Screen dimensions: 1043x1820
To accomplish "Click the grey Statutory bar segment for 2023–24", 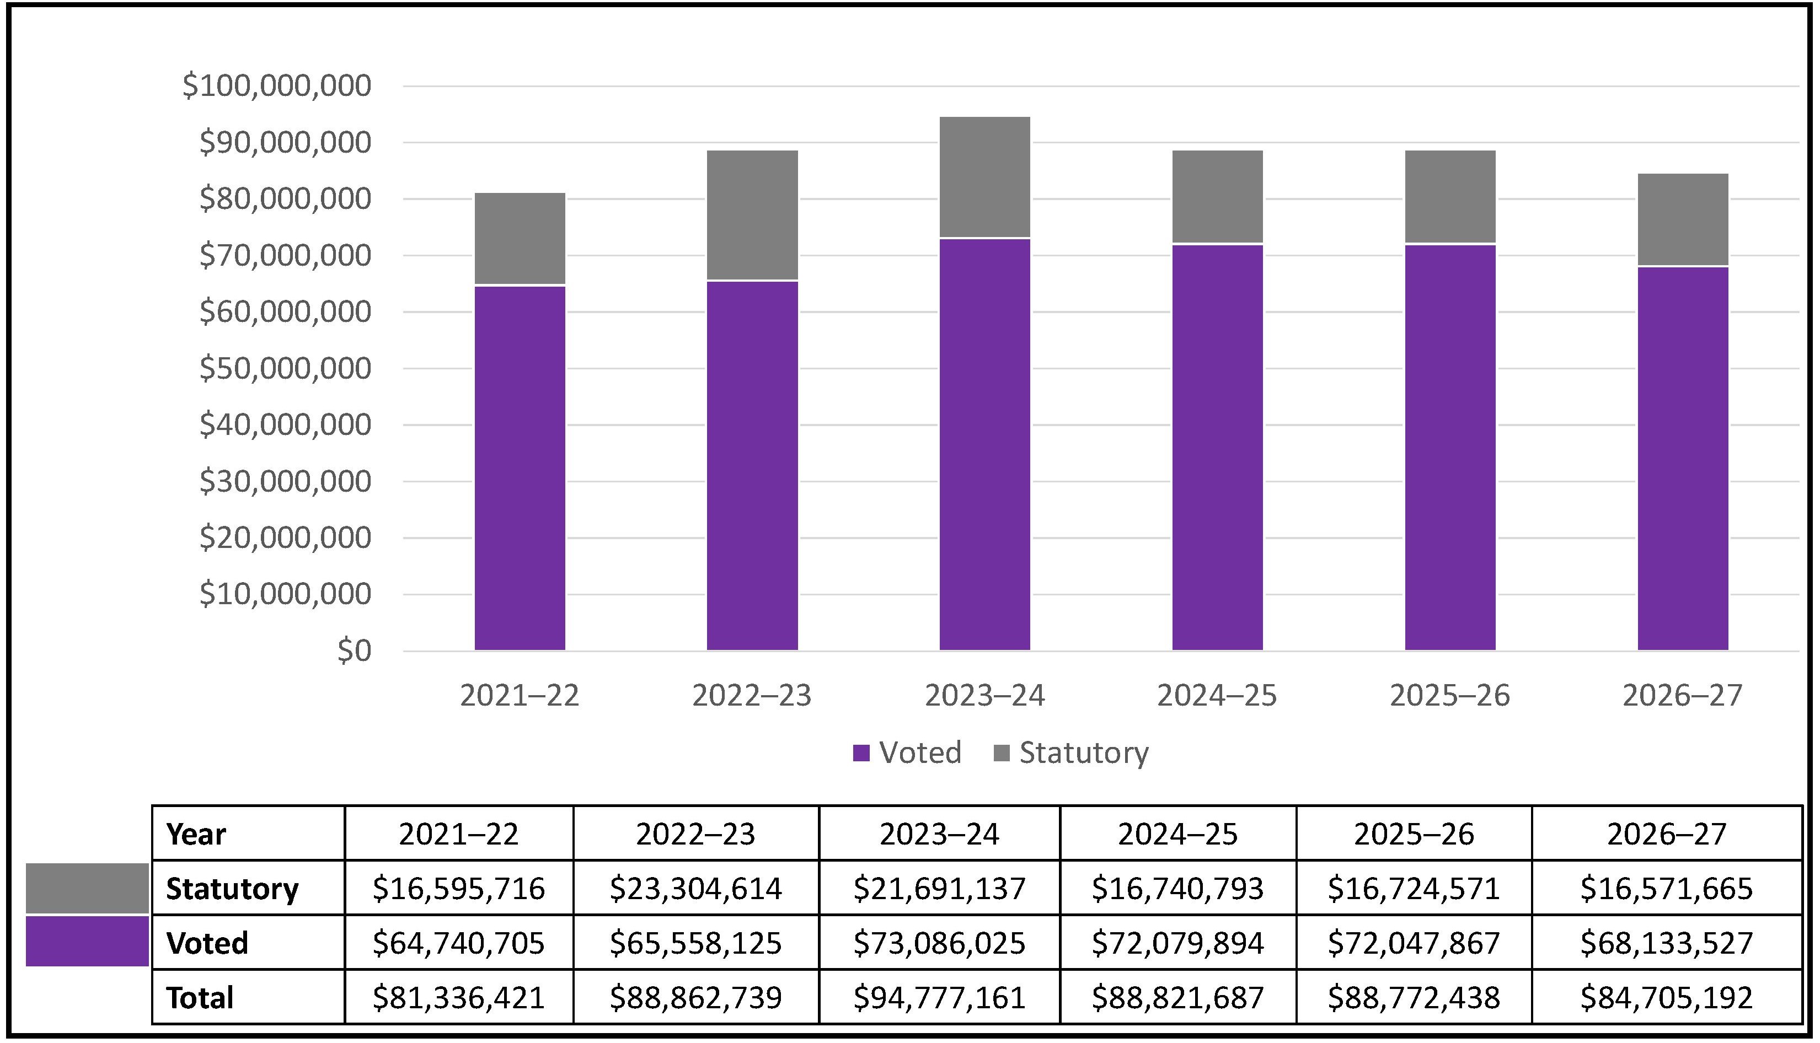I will tap(984, 176).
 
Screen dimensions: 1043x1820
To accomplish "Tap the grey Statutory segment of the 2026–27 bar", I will tap(1683, 219).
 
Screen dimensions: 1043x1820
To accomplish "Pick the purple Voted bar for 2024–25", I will tap(1217, 447).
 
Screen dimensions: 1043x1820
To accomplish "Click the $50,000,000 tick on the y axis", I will tap(285, 368).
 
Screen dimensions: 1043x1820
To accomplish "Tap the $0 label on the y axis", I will tap(354, 650).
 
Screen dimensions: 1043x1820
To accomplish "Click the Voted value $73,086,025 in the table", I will tap(939, 943).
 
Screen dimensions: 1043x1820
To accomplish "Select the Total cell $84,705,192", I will tap(1666, 997).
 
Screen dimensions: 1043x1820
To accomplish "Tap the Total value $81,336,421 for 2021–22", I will tap(458, 997).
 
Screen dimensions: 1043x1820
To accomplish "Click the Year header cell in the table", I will tap(196, 834).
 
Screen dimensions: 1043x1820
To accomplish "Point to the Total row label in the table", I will tap(200, 997).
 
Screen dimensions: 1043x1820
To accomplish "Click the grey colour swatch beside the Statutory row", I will tap(87, 888).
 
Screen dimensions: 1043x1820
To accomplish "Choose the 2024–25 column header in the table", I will tap(1177, 834).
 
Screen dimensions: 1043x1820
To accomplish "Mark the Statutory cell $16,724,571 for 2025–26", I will tap(1413, 888).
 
